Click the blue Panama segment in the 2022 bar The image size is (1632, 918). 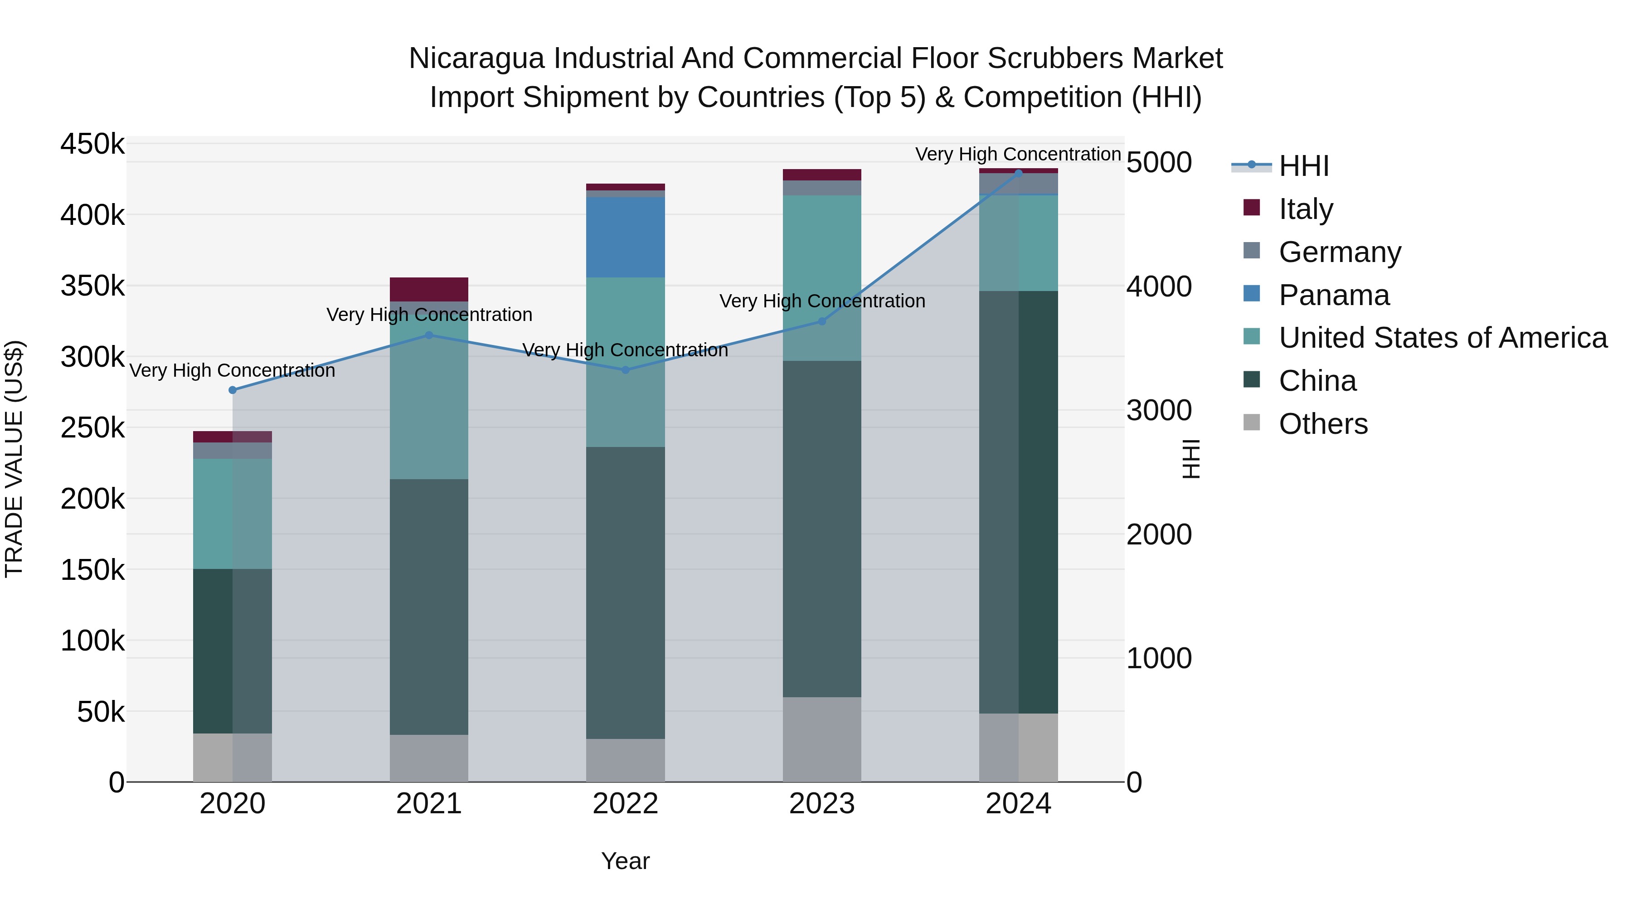click(625, 237)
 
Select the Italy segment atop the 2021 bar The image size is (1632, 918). click(428, 289)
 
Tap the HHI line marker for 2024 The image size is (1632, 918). click(1018, 173)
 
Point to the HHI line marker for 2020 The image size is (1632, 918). click(233, 390)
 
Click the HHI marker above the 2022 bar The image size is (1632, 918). click(625, 370)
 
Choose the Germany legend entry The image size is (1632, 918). click(1339, 252)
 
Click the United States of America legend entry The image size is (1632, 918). click(1442, 338)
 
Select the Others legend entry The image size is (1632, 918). click(1322, 424)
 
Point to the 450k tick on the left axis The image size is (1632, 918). click(92, 144)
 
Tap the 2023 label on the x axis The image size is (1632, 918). click(822, 804)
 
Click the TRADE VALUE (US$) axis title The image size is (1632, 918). click(14, 459)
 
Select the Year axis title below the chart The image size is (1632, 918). click(625, 861)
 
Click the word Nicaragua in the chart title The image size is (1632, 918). click(476, 58)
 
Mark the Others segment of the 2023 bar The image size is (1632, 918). click(822, 739)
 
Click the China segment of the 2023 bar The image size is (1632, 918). click(822, 529)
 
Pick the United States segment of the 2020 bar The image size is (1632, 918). click(233, 513)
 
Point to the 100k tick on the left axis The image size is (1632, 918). click(92, 641)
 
